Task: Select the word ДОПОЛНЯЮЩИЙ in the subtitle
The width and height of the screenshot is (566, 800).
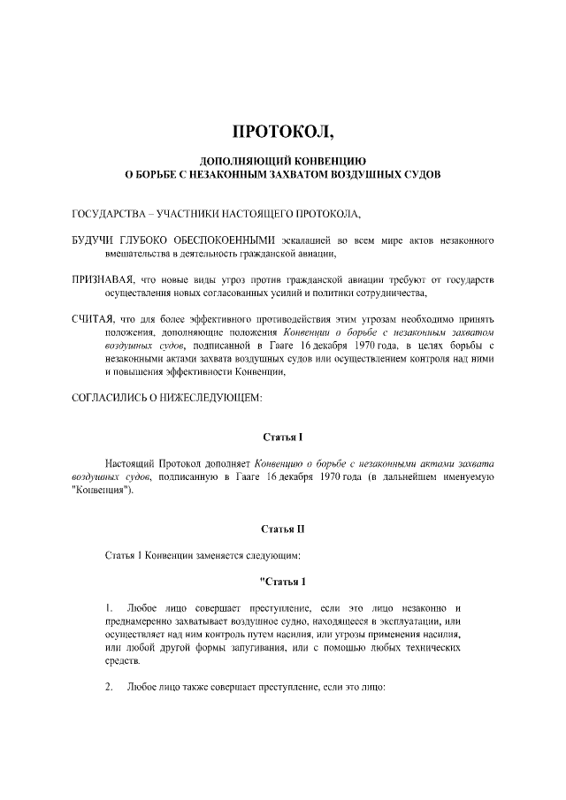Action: (241, 162)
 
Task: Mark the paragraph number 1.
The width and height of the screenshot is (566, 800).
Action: (108, 609)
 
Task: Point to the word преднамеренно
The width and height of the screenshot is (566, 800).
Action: (141, 622)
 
